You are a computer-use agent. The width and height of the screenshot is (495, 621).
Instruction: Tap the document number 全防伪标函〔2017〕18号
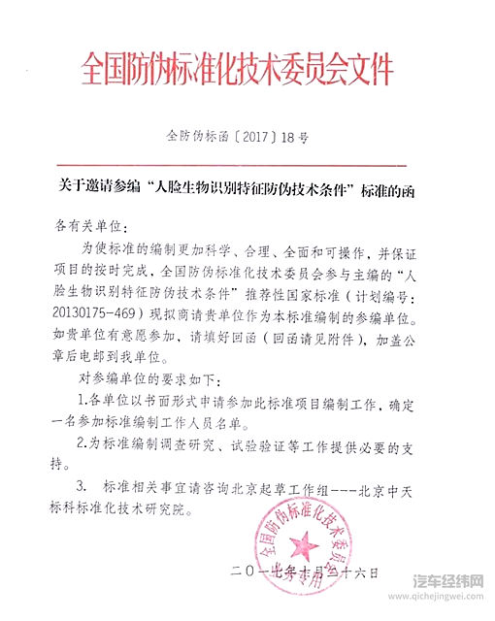[x=238, y=138]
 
